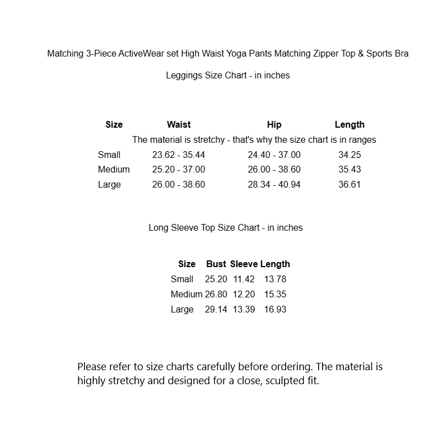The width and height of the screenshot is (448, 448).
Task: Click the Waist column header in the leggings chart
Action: [x=179, y=124]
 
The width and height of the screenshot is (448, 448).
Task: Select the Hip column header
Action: [x=274, y=124]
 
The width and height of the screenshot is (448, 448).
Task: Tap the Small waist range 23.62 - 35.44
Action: [x=179, y=155]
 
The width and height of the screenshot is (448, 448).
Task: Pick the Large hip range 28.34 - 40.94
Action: [x=274, y=184]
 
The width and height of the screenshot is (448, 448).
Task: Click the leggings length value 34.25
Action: [x=349, y=155]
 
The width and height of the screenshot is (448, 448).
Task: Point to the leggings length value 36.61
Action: [x=349, y=184]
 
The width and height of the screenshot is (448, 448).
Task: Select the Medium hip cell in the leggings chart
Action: [x=274, y=169]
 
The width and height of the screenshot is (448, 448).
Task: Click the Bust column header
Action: [x=216, y=264]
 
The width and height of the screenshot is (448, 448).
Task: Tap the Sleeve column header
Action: [x=244, y=264]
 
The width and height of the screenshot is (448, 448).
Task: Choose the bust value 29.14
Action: [x=216, y=309]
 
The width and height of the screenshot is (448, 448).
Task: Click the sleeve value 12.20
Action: [x=244, y=294]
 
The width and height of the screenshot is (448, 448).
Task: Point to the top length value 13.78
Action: [x=275, y=279]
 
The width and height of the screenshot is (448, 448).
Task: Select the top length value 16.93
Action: [x=275, y=309]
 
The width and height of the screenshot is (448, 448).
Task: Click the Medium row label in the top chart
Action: [x=186, y=294]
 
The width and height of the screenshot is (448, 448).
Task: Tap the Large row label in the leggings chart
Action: [x=109, y=184]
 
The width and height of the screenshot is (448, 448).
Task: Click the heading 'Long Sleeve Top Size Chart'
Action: [x=226, y=227]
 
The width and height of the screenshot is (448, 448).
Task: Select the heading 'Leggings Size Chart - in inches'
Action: [x=228, y=75]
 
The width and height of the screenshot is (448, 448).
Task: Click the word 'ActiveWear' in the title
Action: [x=143, y=54]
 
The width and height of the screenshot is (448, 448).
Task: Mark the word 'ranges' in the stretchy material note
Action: [x=361, y=139]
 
